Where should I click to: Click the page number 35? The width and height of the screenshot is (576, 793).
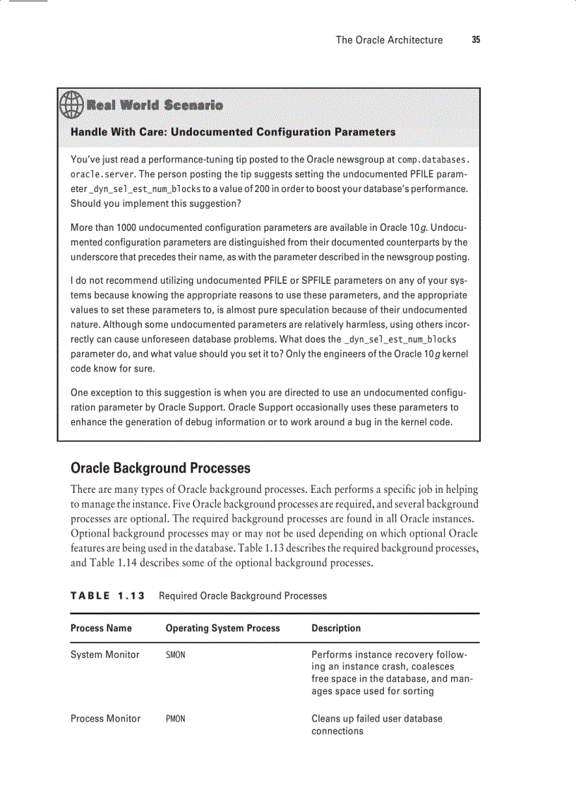[x=476, y=40]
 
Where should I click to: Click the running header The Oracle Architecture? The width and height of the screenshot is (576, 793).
[x=389, y=40]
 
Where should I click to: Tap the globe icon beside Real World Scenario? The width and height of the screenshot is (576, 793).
[x=72, y=105]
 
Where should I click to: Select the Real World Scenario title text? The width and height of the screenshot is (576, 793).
[x=154, y=105]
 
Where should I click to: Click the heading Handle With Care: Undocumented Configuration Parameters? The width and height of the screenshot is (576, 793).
[x=233, y=132]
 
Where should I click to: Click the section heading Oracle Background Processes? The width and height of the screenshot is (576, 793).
[x=160, y=468]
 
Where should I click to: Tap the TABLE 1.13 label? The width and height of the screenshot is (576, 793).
[x=107, y=596]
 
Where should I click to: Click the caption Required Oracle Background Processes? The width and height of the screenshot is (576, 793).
[x=243, y=596]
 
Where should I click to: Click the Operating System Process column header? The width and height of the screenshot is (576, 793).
[x=222, y=628]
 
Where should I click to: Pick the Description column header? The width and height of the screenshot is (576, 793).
[x=336, y=628]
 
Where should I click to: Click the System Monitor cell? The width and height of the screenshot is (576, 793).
[x=105, y=655]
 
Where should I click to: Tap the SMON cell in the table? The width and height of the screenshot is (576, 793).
[x=175, y=655]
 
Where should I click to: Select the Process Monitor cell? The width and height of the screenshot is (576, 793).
[x=105, y=719]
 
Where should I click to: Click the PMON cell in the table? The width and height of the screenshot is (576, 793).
[x=175, y=720]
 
